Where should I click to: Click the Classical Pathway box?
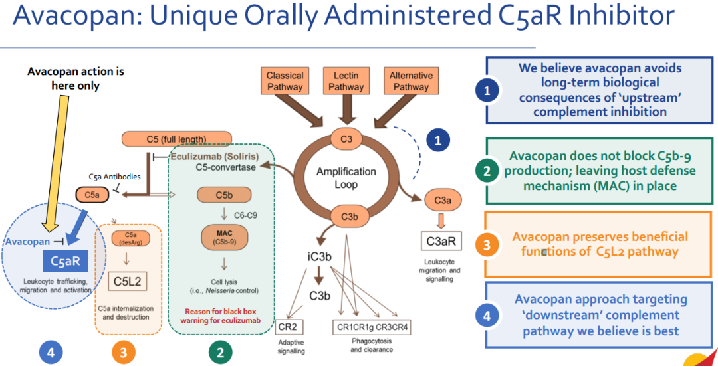285,81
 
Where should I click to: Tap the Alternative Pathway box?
411,81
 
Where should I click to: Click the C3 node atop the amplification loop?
346,139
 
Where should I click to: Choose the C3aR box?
439,242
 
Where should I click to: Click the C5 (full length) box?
176,139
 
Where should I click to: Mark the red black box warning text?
219,315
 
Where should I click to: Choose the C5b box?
223,194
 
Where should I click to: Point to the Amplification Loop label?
346,177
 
